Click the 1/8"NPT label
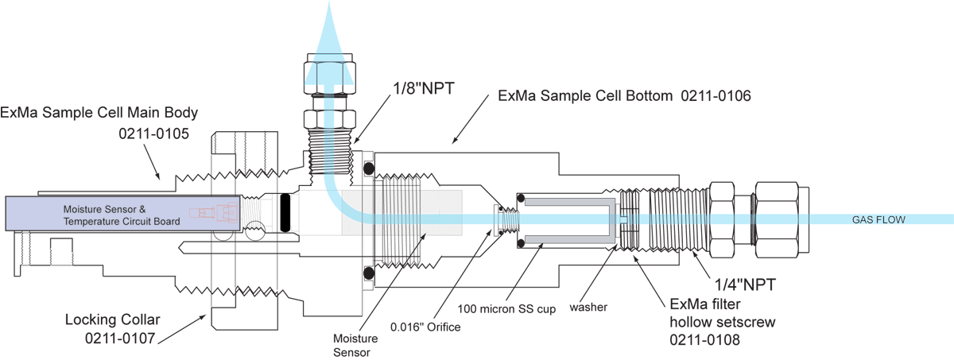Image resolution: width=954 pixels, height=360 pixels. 422,89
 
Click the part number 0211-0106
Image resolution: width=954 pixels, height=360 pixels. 714,96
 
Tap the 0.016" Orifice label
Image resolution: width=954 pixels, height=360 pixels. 425,327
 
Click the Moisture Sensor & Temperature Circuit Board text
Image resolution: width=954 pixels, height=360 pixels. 119,215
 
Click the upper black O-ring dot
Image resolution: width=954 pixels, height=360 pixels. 367,167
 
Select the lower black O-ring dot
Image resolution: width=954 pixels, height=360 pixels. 367,273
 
